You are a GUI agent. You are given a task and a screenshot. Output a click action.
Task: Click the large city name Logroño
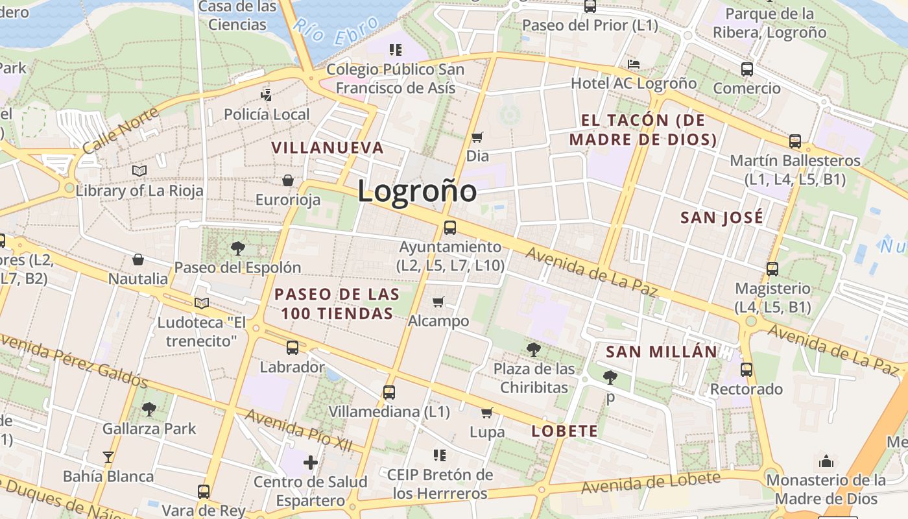417,191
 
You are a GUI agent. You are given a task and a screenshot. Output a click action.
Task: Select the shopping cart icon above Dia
477,137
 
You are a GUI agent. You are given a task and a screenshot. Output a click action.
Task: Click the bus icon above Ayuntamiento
450,228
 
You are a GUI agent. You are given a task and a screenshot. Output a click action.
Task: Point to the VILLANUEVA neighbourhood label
328,148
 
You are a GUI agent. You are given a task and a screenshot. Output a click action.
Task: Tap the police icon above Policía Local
266,95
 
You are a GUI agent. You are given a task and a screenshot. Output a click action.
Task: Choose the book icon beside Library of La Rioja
139,171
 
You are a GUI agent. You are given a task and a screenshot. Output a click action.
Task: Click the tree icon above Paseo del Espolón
237,248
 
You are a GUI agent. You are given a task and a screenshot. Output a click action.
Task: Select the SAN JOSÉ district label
722,218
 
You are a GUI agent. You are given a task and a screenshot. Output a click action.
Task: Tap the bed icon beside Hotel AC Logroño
634,64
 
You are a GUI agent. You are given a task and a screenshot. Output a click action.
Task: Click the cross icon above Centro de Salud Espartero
311,463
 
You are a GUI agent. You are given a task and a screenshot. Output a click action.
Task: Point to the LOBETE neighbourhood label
564,431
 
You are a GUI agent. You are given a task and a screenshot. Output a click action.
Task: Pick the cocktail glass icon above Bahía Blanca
108,457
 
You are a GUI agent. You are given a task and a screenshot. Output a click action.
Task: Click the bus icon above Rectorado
747,370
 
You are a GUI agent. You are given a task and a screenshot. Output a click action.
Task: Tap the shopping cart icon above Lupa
487,413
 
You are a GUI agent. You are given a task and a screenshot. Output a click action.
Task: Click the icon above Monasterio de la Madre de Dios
826,461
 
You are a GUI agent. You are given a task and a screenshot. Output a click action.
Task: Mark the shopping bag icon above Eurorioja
288,180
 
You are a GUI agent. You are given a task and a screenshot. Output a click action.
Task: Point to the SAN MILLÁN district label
662,352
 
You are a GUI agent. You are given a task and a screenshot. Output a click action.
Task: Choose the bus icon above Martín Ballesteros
795,141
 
